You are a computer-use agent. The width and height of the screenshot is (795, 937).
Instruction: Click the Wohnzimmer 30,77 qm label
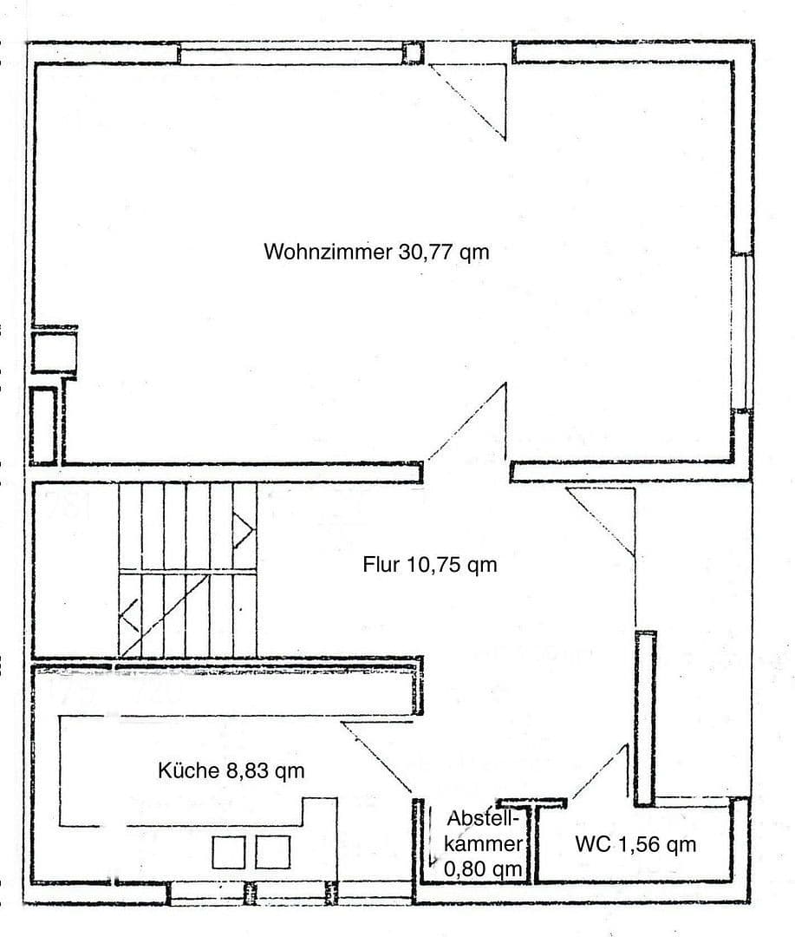[x=376, y=252]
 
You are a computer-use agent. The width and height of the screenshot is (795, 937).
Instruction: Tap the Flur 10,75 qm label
[x=429, y=566]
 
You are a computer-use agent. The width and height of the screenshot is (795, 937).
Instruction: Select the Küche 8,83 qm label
[x=231, y=770]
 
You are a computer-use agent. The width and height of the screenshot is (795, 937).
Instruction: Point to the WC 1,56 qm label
[x=635, y=843]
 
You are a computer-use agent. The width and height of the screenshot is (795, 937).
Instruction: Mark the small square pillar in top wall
[x=413, y=53]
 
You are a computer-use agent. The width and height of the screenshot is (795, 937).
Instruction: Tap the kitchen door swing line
[x=376, y=757]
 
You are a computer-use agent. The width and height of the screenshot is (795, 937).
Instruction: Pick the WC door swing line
[x=598, y=772]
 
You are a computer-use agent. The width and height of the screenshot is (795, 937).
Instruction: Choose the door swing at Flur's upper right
[x=603, y=521]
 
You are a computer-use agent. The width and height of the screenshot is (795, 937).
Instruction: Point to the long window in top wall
[x=291, y=55]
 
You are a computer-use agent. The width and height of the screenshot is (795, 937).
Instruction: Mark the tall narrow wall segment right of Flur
[x=645, y=718]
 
